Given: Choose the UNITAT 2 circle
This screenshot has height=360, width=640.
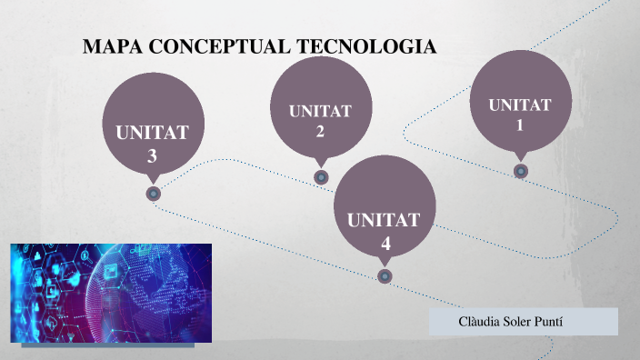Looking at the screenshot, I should pyautogui.click(x=321, y=109).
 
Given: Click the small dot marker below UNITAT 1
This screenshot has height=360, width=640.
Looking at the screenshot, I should pyautogui.click(x=520, y=170).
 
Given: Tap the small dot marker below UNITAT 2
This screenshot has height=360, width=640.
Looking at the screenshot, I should pyautogui.click(x=321, y=177).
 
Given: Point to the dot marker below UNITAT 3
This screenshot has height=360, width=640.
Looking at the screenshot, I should pyautogui.click(x=154, y=193).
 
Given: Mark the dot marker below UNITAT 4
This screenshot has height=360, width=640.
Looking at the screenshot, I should pyautogui.click(x=385, y=275).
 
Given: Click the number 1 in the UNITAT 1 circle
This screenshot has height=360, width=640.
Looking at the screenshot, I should pyautogui.click(x=520, y=125).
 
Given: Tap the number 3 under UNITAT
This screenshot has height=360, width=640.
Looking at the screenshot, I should pyautogui.click(x=153, y=155).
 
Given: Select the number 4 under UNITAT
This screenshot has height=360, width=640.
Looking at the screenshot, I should pyautogui.click(x=385, y=244).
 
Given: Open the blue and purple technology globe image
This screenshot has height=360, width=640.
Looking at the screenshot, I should pyautogui.click(x=111, y=292).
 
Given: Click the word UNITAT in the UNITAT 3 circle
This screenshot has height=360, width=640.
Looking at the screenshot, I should pyautogui.click(x=153, y=133).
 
